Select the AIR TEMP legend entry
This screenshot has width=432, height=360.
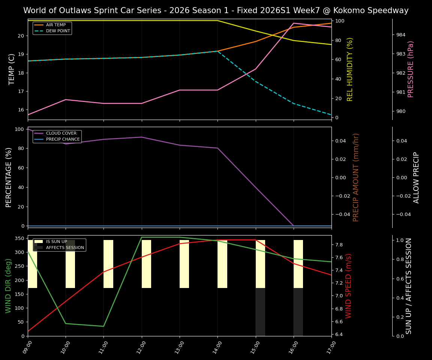tap(56, 25)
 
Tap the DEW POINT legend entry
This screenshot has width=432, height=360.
tap(58, 31)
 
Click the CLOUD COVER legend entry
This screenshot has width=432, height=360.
tap(61, 133)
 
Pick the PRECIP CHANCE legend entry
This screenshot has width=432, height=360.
tap(63, 139)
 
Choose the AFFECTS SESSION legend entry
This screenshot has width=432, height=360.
tap(65, 248)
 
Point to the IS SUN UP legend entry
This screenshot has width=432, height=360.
tap(57, 242)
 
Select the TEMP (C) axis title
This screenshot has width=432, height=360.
tap(12, 69)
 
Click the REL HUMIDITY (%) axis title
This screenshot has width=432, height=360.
tap(350, 69)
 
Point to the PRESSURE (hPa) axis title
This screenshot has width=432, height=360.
tap(411, 69)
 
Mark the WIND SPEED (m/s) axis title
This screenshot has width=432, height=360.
tap(349, 286)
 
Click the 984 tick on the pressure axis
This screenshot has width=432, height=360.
tap(401, 35)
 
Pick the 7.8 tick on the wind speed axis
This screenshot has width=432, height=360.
tap(339, 245)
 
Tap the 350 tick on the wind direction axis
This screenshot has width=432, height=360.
tap(19, 238)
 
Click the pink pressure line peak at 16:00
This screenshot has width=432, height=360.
tap(294, 23)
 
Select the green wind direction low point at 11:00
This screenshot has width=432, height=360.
tap(103, 326)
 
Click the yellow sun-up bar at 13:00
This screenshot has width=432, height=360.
tap(184, 264)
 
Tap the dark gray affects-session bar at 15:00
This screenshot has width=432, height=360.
tap(260, 312)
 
